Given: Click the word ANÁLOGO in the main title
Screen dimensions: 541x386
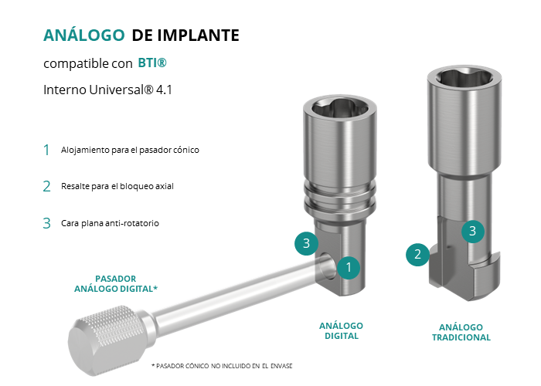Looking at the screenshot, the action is point(83,35).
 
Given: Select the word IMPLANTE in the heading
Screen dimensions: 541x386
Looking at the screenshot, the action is point(198,36).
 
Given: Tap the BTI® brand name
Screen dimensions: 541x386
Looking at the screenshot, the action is point(152,63).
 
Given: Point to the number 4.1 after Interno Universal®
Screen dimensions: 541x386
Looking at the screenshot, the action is point(164,90).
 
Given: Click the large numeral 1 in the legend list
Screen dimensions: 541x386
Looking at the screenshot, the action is point(46,150).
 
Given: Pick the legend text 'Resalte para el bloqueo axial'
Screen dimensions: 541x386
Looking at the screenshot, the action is point(117,186).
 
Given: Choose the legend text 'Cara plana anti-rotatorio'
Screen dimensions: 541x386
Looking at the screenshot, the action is point(110,223).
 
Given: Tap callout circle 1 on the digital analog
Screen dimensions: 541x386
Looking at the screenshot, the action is point(349,267).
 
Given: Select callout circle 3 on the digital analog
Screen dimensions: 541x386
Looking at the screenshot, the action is point(306,243).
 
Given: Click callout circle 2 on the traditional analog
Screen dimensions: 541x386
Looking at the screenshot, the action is point(417,254).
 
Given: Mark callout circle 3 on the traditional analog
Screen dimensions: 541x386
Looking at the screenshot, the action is point(473,231).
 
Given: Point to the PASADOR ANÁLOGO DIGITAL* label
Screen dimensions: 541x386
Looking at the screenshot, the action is point(116,283).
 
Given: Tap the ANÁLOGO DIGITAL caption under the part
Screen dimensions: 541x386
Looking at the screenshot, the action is point(342,331).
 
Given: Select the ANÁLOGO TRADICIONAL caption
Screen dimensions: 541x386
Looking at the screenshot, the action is point(461,332).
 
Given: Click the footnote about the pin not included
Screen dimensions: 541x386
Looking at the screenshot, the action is point(222,366).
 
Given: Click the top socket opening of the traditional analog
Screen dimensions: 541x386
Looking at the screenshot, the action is point(464,78).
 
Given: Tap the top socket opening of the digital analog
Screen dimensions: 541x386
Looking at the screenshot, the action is point(340,110).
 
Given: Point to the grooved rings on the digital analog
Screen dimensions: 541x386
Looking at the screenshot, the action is point(340,200).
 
